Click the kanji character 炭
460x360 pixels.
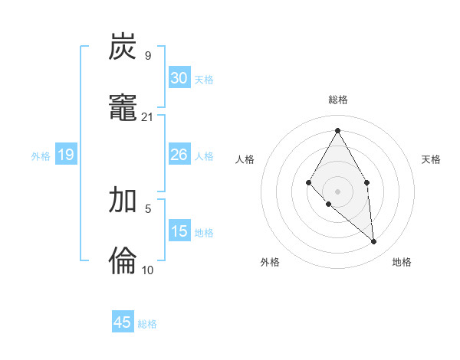click(123, 47)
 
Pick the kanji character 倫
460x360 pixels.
click(123, 260)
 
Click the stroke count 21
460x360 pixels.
click(148, 116)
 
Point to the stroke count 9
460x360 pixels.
click(147, 56)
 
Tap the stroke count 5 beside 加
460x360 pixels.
click(147, 208)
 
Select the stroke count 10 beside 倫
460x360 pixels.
click(148, 270)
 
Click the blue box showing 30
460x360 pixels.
click(179, 78)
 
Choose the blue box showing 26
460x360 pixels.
click(179, 155)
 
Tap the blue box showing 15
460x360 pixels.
click(179, 231)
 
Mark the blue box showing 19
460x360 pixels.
click(66, 155)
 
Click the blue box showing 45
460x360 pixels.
click(123, 322)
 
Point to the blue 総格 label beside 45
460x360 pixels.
click(147, 324)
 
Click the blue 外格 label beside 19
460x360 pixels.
click(41, 156)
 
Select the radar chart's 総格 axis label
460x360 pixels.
click(338, 100)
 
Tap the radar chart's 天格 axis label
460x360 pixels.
click(432, 159)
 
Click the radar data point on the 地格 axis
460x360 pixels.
click(374, 241)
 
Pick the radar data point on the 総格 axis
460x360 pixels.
click(337, 129)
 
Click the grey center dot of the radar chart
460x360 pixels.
click(337, 191)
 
